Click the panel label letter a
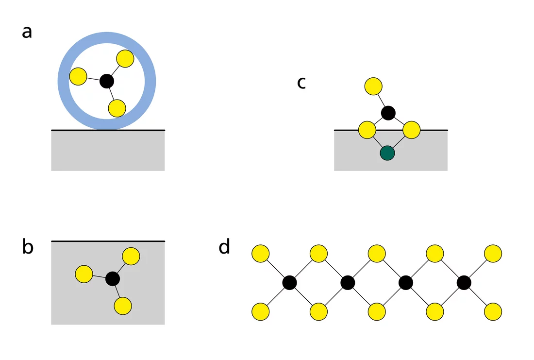(27, 32)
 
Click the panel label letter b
(28, 247)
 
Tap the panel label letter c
(301, 83)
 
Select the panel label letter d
(224, 247)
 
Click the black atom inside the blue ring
(107, 81)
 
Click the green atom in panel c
(387, 153)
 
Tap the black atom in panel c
(388, 113)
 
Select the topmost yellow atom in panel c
(373, 86)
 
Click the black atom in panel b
(113, 278)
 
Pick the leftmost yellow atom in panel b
(83, 274)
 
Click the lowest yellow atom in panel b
(122, 306)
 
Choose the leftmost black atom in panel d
(290, 282)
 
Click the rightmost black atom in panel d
(464, 282)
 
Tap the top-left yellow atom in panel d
(261, 253)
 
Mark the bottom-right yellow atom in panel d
(493, 311)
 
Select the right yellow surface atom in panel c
(411, 130)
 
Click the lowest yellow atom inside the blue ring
(117, 108)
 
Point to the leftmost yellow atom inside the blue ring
(78, 76)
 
